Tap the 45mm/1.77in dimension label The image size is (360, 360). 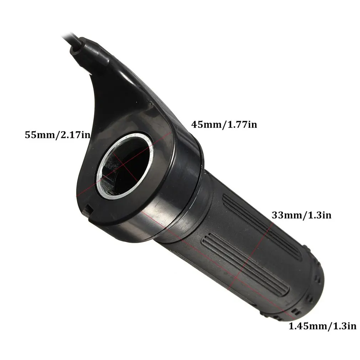click(224, 124)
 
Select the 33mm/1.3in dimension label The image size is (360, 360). click(302, 215)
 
